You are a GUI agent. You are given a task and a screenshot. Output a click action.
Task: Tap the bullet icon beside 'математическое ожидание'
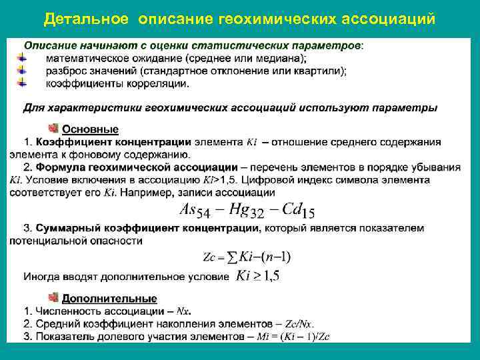click(23, 59)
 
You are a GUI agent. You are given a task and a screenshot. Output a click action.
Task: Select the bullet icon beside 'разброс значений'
click(23, 71)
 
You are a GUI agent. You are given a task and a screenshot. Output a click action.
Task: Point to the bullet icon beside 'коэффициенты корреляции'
click(23, 83)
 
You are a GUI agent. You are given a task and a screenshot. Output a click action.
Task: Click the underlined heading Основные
click(91, 129)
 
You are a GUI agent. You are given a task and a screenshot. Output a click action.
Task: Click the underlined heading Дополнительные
click(110, 299)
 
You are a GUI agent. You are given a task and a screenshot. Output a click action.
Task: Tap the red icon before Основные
click(53, 128)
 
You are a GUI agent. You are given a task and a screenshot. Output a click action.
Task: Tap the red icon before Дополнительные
click(53, 298)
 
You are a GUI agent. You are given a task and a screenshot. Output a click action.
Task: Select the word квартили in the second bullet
click(321, 71)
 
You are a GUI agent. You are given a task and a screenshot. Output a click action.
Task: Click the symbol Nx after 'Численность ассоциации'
click(184, 311)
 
